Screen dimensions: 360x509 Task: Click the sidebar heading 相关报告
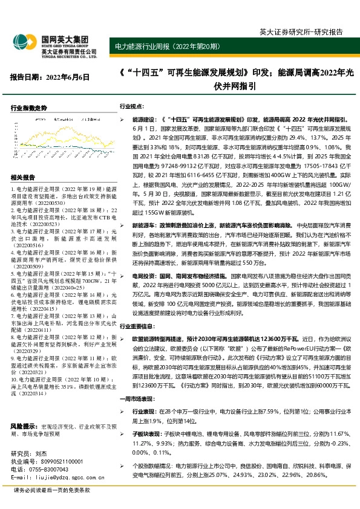coord(23,177)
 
